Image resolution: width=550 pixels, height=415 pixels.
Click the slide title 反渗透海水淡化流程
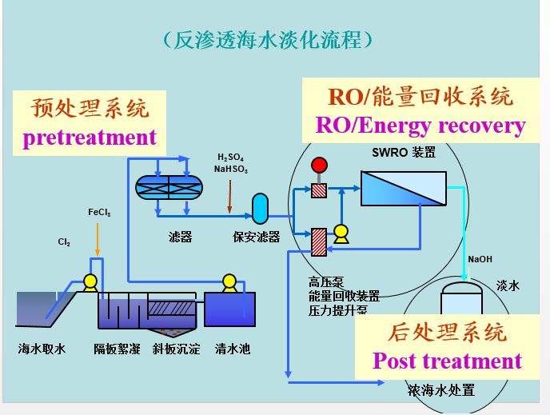pyautogui.click(x=268, y=39)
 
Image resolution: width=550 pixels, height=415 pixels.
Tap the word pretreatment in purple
pyautogui.click(x=90, y=137)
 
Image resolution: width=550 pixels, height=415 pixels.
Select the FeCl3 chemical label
pyautogui.click(x=99, y=213)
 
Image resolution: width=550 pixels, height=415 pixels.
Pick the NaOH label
pyautogui.click(x=480, y=259)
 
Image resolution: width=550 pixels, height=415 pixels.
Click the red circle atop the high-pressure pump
pyautogui.click(x=320, y=166)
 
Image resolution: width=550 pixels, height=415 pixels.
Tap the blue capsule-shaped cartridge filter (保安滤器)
pyautogui.click(x=260, y=208)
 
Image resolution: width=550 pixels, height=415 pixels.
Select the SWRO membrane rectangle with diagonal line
pyautogui.click(x=403, y=189)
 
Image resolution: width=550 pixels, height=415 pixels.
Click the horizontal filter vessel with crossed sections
pyautogui.click(x=169, y=186)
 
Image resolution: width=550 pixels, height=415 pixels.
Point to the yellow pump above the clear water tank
pyautogui.click(x=229, y=281)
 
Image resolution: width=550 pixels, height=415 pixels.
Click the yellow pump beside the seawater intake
pyautogui.click(x=90, y=281)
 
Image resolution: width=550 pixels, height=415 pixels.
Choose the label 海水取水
pyautogui.click(x=42, y=349)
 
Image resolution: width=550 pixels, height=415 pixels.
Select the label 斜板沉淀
pyautogui.click(x=176, y=349)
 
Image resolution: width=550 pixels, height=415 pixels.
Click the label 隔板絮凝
pyautogui.click(x=117, y=349)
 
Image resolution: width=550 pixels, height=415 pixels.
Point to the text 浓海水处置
pyautogui.click(x=440, y=390)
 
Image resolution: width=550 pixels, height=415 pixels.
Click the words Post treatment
pyautogui.click(x=447, y=361)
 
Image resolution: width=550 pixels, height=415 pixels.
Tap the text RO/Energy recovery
pyautogui.click(x=420, y=126)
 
